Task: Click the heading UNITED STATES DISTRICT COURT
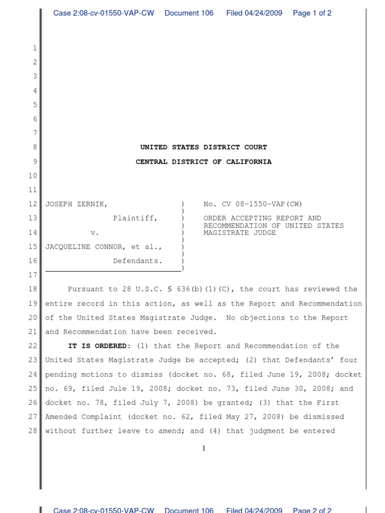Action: [204, 147]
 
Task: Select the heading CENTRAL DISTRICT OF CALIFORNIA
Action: [204, 162]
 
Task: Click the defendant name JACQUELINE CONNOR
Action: [89, 246]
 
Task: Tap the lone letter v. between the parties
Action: [95, 232]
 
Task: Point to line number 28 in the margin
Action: [33, 431]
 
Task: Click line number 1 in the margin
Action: [35, 48]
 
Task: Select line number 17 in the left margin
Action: [33, 275]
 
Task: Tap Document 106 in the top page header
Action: [189, 13]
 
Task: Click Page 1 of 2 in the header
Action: [312, 13]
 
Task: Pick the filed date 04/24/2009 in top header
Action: [266, 13]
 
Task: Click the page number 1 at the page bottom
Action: [204, 448]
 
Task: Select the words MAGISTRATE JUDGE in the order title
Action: [240, 232]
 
